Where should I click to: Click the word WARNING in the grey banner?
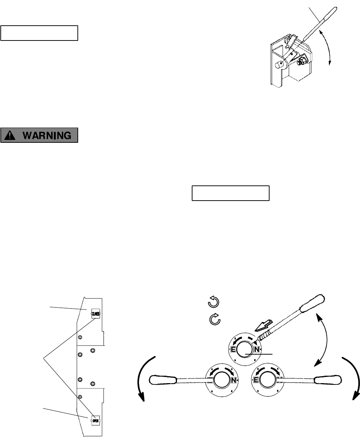click(46, 135)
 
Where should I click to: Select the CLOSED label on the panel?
click(96, 314)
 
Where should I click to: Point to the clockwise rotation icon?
click(215, 320)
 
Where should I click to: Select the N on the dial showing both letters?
click(257, 350)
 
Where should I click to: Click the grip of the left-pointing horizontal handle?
click(162, 380)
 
